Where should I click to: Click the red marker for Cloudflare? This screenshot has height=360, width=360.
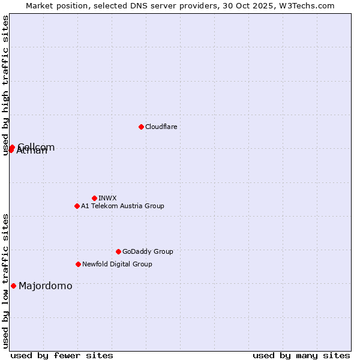(141, 127)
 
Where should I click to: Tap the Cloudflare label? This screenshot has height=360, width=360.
(161, 127)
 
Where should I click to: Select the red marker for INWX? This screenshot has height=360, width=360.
(94, 198)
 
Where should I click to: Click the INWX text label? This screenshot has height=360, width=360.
(107, 198)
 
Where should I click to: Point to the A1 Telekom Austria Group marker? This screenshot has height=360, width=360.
(77, 206)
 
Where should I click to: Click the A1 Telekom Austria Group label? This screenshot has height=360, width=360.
(122, 206)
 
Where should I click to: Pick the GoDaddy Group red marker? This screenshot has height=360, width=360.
(118, 251)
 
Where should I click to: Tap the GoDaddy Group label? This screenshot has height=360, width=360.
(148, 251)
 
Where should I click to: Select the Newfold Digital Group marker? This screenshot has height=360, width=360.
(78, 264)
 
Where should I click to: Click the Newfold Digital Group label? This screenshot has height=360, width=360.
(117, 264)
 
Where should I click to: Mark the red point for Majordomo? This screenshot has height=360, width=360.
(13, 286)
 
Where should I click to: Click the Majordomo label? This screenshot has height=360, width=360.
(46, 286)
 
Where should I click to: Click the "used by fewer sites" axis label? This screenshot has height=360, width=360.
(62, 355)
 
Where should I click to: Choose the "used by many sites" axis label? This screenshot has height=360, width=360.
(301, 355)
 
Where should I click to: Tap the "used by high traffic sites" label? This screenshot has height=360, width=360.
(5, 85)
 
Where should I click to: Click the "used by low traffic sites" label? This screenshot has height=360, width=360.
(5, 281)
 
